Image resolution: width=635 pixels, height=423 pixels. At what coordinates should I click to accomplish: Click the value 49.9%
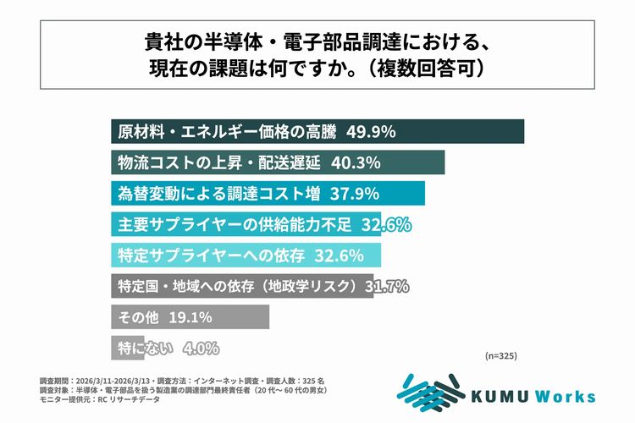tap(371, 132)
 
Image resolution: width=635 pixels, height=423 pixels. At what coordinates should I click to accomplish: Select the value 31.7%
tap(387, 286)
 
